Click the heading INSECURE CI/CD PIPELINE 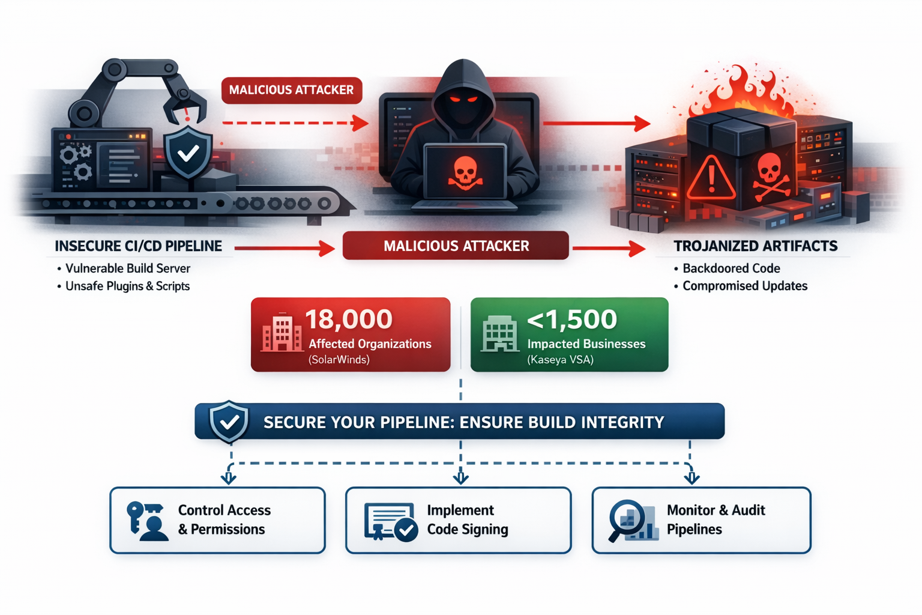(x=138, y=246)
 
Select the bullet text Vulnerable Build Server (x=127, y=268)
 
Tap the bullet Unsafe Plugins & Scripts (x=127, y=286)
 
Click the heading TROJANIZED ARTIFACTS (x=755, y=246)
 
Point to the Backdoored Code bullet (x=731, y=268)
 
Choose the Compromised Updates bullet (x=744, y=286)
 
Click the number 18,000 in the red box (x=349, y=319)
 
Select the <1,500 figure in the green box (x=571, y=319)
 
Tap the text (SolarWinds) (x=339, y=360)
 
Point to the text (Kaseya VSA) (x=560, y=360)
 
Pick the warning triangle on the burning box (x=711, y=179)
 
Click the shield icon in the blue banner (x=229, y=422)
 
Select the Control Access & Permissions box (x=217, y=520)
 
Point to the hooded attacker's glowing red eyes (x=463, y=98)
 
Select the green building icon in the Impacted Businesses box (x=499, y=334)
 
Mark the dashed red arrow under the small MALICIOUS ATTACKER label (x=294, y=123)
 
